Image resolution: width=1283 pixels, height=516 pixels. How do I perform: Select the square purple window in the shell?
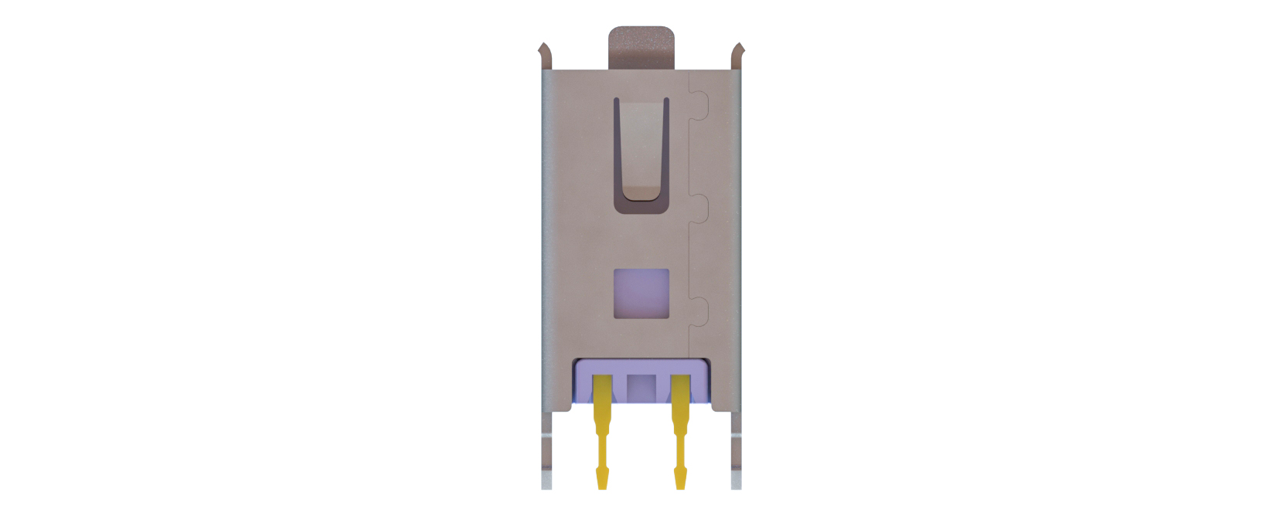tap(641, 294)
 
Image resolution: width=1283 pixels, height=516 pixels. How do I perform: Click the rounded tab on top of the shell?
tap(641, 48)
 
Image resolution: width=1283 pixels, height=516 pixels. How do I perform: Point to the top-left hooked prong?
tap(545, 54)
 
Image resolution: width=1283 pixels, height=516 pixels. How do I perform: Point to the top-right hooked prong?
tap(737, 54)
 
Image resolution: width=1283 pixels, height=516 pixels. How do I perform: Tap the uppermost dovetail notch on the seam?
tap(699, 107)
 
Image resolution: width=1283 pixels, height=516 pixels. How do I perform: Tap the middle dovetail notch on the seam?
tap(699, 209)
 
